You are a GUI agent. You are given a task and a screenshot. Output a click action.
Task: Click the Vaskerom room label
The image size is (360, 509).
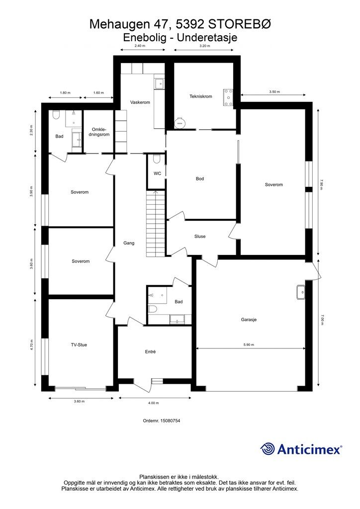pos(140,102)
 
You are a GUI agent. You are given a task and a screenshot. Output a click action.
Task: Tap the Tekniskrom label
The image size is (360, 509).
pos(200,96)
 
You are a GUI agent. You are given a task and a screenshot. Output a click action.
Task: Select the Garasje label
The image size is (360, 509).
pos(249,320)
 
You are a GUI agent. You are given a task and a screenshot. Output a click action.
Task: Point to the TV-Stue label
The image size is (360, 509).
pos(79,345)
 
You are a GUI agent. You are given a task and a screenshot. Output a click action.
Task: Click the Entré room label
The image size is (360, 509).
pos(150,351)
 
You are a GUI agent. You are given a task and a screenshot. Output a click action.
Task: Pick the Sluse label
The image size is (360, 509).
pos(200,237)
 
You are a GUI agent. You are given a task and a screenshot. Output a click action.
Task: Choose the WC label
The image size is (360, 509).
pos(157,173)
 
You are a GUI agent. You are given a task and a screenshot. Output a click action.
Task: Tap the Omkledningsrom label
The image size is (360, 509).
pos(100,132)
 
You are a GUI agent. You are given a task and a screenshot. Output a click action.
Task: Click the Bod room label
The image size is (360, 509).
pos(200,178)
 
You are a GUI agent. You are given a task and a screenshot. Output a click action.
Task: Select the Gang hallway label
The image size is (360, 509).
pos(129,243)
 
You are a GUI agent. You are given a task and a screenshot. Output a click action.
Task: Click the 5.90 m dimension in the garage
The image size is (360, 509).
pos(249,345)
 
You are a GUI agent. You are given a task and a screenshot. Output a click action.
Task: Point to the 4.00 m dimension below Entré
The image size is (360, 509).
pos(153,403)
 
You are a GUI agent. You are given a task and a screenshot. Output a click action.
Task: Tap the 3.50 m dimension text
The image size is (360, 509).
pos(274,92)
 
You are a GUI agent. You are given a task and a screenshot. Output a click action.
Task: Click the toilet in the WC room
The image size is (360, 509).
pos(157,159)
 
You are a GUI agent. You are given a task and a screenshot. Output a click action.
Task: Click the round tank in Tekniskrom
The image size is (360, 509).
pos(179,122)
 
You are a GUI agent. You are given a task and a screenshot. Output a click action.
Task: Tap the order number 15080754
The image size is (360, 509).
pos(161,421)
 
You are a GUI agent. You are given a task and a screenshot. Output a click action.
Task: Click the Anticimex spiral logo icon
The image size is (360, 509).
pos(268,449)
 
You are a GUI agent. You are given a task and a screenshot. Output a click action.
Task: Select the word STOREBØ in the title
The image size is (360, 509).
pos(239,24)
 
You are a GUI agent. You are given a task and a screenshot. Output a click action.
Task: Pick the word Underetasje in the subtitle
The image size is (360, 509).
pos(207,37)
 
